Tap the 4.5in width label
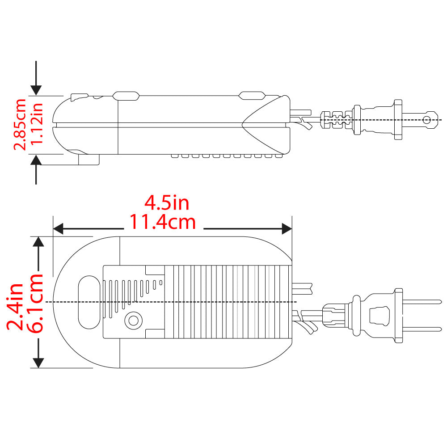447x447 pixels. [x=167, y=203]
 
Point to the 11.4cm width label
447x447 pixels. [x=163, y=222]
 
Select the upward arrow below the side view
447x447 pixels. [x=36, y=168]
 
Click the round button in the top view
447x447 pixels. [x=132, y=320]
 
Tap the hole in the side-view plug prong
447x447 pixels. [x=427, y=120]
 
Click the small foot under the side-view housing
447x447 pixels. [x=89, y=160]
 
